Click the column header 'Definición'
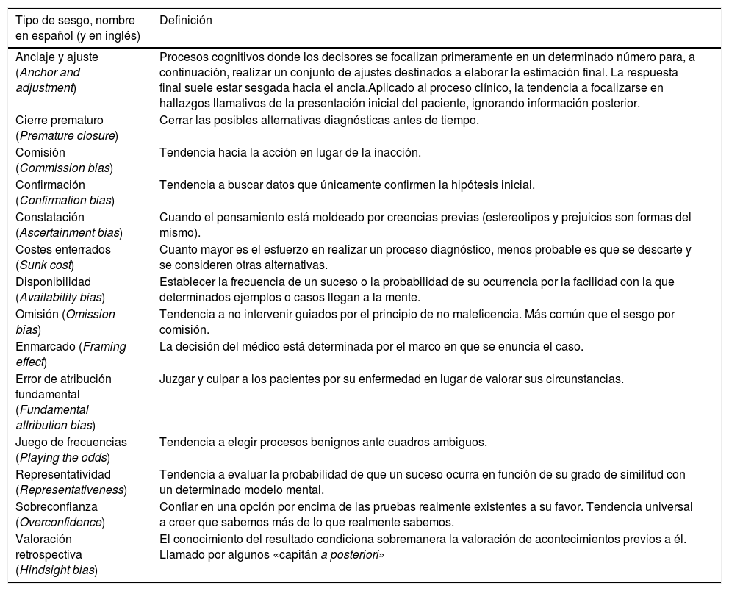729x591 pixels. click(x=186, y=21)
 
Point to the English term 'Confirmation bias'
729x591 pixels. click(x=65, y=200)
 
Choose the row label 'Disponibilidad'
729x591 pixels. click(x=53, y=282)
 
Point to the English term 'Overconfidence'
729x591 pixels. click(x=60, y=522)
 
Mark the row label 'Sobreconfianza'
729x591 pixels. click(x=57, y=507)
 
